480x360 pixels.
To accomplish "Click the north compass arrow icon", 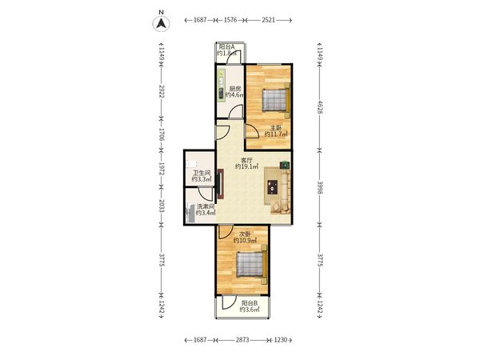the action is tap(162, 23).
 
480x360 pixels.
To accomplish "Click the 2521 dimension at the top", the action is tap(269, 20).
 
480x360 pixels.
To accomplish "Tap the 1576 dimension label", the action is tap(230, 20).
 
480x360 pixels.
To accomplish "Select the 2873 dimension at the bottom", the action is tap(242, 340).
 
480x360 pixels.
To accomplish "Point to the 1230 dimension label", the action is tap(281, 340).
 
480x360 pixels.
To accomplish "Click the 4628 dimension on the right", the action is tap(320, 107).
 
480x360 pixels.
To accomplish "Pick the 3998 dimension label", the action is tap(320, 188).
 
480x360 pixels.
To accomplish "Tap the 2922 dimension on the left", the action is tap(162, 91).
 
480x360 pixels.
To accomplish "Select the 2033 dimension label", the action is tap(162, 206).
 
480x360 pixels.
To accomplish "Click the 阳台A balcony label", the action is tap(227, 47).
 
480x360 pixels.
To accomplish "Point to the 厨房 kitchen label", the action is tap(235, 89).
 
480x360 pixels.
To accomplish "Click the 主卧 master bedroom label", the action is tap(276, 128).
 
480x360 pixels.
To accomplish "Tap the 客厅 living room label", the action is tap(246, 160).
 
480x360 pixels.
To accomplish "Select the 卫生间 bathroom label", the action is tap(202, 173).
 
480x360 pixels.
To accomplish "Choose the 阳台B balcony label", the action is tap(250, 303).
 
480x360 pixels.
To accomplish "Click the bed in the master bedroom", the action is tap(276, 100).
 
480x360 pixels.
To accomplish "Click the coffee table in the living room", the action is tap(273, 187).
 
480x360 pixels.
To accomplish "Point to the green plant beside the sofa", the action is tap(284, 165).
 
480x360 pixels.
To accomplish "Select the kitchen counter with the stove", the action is tap(222, 85).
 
